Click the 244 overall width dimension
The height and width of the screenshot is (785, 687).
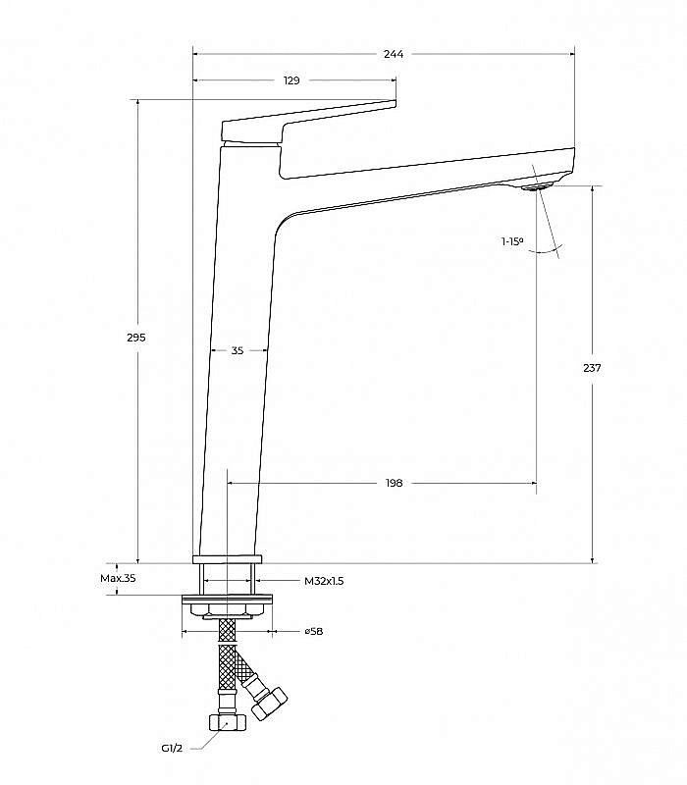click(394, 54)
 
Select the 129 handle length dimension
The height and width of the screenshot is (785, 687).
click(291, 80)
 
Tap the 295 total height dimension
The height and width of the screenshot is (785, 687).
click(135, 338)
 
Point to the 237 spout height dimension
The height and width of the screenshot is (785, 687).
click(592, 368)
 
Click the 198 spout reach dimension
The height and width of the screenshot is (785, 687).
click(395, 483)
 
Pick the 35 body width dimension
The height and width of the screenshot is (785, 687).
click(238, 350)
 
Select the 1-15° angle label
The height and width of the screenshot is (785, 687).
click(512, 241)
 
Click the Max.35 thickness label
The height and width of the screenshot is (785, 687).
click(118, 578)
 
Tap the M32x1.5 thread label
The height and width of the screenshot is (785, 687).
click(324, 581)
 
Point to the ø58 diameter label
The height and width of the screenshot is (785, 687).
click(314, 631)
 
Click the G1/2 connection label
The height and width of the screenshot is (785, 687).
click(172, 748)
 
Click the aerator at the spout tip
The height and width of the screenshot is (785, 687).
click(535, 187)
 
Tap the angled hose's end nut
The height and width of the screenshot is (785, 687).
click(269, 704)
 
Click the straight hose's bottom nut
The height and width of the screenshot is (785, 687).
click(227, 722)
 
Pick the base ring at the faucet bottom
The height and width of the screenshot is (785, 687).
click(228, 559)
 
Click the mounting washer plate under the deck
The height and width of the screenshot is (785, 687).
click(228, 599)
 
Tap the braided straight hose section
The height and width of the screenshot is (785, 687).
click(227, 654)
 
